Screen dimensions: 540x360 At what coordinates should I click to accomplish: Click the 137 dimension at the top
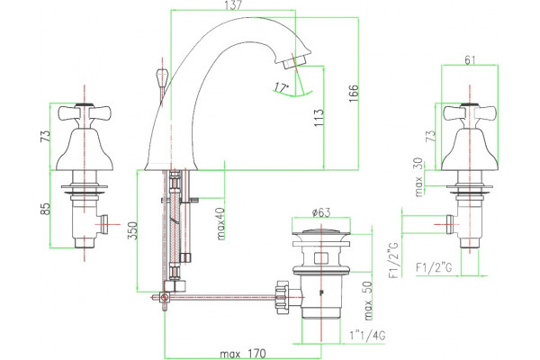coord(233,5)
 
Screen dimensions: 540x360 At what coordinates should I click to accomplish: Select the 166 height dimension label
coord(354,93)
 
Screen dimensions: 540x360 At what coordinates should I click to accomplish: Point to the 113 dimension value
coord(319,118)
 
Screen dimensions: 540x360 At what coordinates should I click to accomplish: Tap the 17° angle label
coord(282,87)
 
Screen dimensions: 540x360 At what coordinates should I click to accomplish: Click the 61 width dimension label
coord(470,60)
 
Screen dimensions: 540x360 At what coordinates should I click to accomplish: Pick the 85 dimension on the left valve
coord(46,209)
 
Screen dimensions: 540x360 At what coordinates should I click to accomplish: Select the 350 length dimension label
coord(132,230)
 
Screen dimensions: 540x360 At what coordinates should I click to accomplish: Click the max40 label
coord(220,223)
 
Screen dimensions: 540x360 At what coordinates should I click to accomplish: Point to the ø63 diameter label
coord(321,212)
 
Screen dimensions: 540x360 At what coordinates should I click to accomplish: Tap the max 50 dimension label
coord(368,301)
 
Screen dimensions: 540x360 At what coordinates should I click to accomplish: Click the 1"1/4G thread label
coord(367,336)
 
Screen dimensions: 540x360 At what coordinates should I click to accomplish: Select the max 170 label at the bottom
coord(243,354)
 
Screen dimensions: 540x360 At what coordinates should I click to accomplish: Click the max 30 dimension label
coord(418,177)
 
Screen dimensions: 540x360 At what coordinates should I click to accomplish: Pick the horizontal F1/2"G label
coord(434,267)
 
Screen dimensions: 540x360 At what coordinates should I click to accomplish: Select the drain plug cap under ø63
coord(321,232)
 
